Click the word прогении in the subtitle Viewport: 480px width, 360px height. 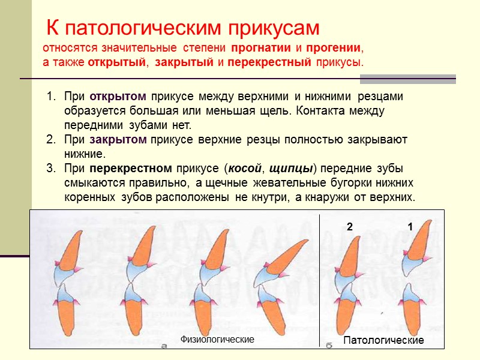click(x=334, y=47)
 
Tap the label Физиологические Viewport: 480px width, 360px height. click(x=217, y=340)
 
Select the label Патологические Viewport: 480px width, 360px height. click(x=383, y=340)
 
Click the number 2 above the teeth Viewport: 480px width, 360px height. click(x=349, y=227)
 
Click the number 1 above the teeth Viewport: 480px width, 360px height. click(x=410, y=227)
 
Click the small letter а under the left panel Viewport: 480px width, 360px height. click(x=164, y=346)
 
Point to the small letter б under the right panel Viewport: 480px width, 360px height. click(x=329, y=346)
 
